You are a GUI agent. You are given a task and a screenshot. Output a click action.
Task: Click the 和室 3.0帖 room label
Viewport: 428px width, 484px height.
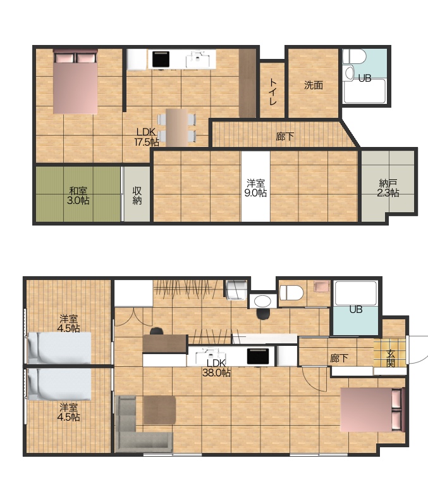point(78,196)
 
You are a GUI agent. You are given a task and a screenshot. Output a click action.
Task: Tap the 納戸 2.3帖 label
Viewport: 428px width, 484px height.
point(388,188)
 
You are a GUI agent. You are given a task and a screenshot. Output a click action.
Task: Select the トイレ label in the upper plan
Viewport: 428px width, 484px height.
point(272,92)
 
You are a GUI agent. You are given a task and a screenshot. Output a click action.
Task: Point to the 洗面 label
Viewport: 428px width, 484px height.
point(314,85)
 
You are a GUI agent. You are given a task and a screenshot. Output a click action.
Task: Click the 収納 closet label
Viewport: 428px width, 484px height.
point(137,195)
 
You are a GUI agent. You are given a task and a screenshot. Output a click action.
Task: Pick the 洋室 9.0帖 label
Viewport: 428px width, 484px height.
point(255,188)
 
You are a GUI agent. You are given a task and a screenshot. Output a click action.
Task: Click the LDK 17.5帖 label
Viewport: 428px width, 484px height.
point(147,137)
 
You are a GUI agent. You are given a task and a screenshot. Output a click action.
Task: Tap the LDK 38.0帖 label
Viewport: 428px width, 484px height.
point(216,367)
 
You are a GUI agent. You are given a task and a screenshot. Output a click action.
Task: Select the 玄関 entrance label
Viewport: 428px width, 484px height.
point(391,359)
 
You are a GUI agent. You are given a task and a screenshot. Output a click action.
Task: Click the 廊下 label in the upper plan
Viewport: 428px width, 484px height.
point(284,136)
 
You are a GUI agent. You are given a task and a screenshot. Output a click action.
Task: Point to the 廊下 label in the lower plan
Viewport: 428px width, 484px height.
point(339,359)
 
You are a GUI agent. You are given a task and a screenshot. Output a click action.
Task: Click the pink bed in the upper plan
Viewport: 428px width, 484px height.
point(75,82)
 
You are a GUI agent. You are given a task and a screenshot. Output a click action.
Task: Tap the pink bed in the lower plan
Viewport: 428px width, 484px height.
point(373,410)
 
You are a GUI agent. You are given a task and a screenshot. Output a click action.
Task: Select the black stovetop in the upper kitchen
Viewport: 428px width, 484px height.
point(161,59)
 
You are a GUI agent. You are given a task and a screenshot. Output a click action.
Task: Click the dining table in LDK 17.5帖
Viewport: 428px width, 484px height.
point(176,127)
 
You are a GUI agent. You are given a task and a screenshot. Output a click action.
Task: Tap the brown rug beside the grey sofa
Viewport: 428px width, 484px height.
point(159,410)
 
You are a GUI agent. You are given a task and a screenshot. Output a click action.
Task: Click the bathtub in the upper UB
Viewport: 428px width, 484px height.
point(365,91)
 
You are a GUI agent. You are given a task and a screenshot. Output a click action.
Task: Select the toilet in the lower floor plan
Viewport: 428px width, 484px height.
point(291,292)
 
